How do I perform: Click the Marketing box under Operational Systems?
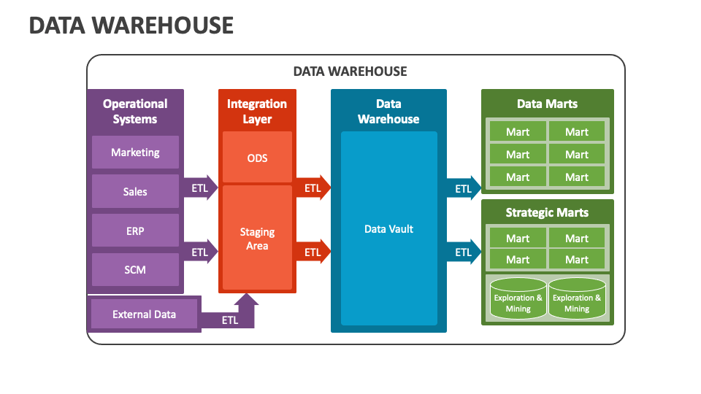click(x=135, y=152)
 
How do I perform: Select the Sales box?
click(x=135, y=191)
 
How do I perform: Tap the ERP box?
click(x=135, y=231)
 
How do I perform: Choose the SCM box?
click(x=135, y=270)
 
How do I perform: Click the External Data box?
click(x=144, y=314)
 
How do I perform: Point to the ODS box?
click(x=257, y=158)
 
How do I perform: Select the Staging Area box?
click(x=257, y=238)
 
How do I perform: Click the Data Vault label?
click(x=388, y=229)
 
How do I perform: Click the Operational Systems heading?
click(x=135, y=112)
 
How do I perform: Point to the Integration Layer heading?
click(x=257, y=112)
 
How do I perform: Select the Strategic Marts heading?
click(x=547, y=213)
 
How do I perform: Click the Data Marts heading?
click(x=547, y=104)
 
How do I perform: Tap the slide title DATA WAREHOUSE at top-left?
click(x=131, y=26)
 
